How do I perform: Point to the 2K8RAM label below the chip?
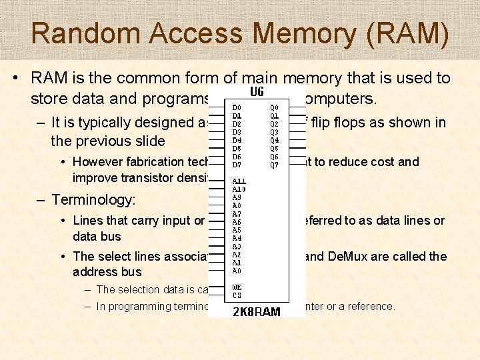tap(257, 311)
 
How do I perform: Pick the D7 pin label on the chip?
tap(237, 165)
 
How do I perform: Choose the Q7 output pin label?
tap(274, 165)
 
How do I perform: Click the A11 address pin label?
tap(238, 181)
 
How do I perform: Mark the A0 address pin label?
tap(237, 271)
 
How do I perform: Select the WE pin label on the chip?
tap(237, 287)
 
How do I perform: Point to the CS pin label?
tap(236, 295)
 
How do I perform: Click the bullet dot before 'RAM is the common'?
tap(15, 79)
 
